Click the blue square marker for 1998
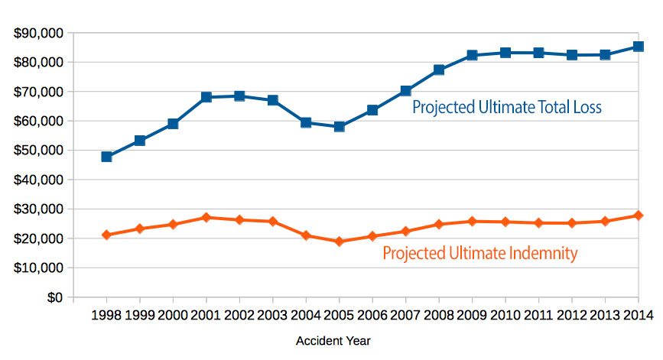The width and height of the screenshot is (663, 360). coord(107,157)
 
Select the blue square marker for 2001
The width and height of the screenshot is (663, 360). coord(206,97)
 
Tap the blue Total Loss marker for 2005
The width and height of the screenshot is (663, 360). coord(340,126)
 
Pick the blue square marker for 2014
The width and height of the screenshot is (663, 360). coord(639,47)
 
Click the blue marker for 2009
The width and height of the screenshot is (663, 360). coord(473,55)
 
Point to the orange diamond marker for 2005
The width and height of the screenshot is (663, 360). coord(340,242)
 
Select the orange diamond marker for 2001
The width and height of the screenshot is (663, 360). coord(206,218)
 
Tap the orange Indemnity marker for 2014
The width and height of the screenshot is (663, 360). coord(639,216)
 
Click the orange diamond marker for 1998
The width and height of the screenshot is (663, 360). coord(107,235)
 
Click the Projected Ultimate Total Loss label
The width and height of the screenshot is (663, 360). coord(507,108)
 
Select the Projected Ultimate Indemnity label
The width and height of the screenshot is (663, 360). coord(479,253)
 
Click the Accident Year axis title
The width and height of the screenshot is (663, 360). coord(333,342)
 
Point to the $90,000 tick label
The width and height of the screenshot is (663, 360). coord(37,33)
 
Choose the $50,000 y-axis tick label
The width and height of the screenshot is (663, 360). coord(37,151)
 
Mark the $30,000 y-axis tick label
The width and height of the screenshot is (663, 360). coord(37,209)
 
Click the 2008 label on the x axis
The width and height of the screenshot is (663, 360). coord(440,316)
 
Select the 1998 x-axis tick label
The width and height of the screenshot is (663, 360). coord(107,316)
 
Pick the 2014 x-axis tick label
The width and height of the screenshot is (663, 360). coord(639,316)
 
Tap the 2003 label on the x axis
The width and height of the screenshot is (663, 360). coord(273,316)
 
